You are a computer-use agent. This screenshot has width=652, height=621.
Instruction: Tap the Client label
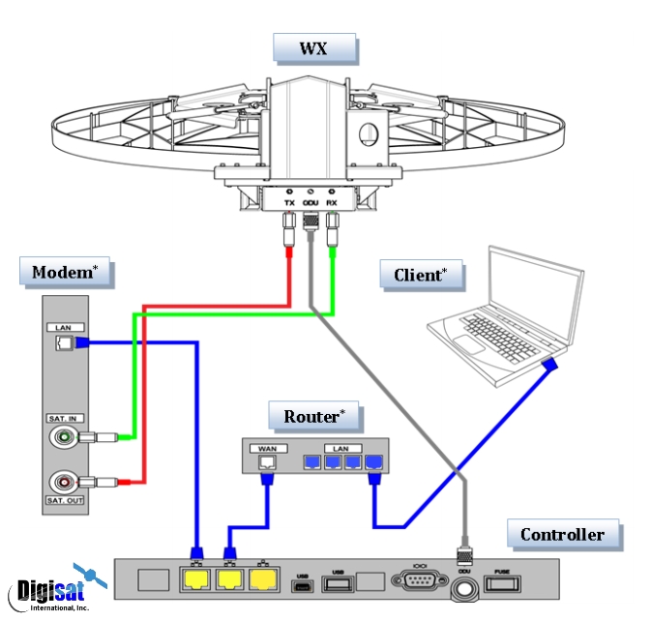point(421,276)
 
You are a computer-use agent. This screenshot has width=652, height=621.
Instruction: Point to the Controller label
point(562,534)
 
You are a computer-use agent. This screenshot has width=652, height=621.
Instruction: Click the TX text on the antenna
point(288,202)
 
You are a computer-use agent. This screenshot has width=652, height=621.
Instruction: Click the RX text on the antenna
point(332,202)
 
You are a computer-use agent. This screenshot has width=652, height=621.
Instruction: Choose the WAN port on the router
point(266,464)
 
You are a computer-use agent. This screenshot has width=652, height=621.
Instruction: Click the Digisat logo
point(53,588)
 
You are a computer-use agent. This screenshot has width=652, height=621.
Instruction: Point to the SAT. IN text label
point(64,417)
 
